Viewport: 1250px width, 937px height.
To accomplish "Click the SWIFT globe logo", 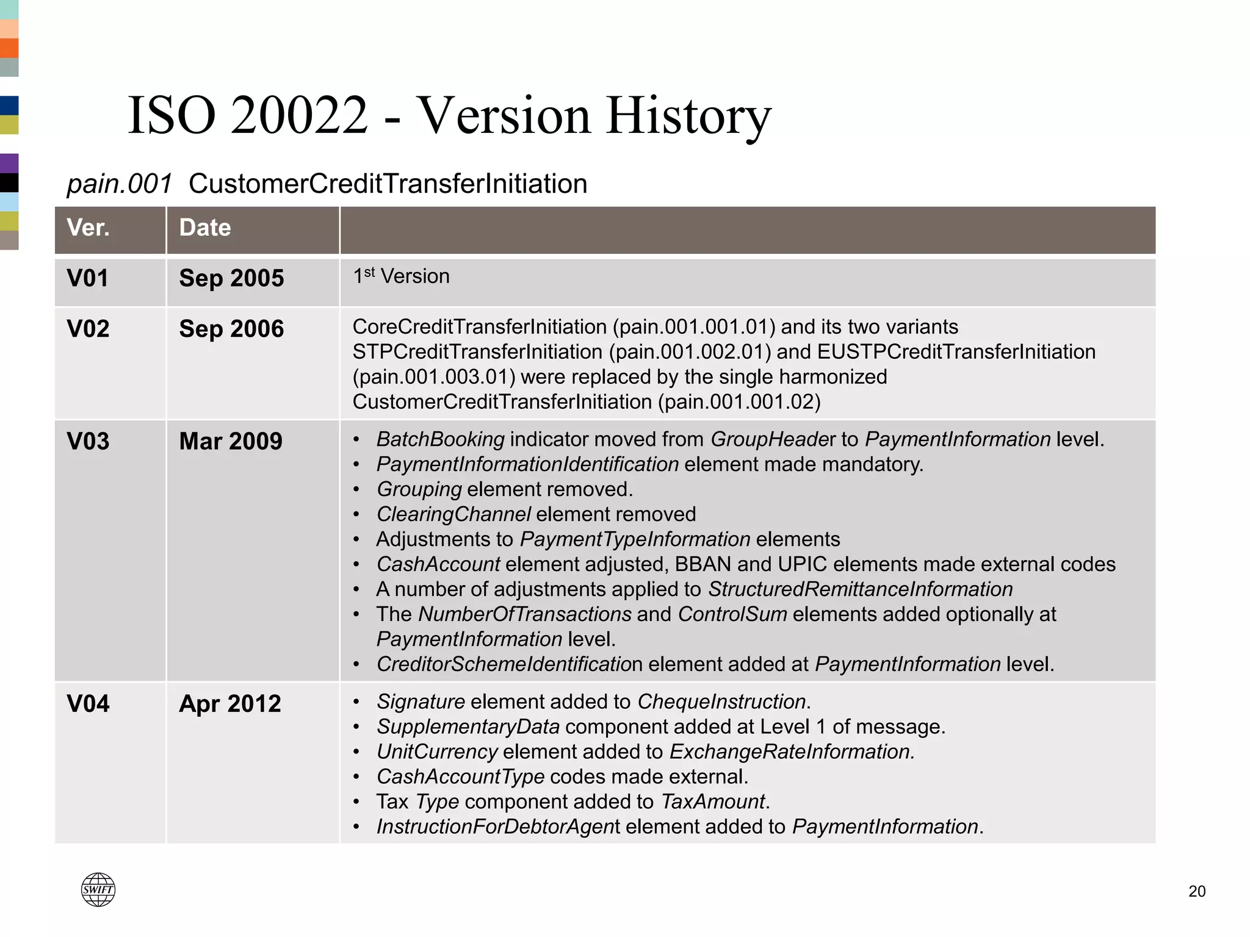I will click(x=98, y=889).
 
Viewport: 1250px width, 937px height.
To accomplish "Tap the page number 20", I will click(x=1196, y=891).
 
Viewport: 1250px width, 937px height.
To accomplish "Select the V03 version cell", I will click(x=89, y=441).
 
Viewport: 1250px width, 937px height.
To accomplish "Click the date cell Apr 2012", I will click(x=230, y=703).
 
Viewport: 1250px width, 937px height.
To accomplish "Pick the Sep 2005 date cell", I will click(x=231, y=278).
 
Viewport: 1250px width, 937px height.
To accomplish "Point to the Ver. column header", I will click(x=89, y=228).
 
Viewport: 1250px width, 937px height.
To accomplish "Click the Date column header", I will click(x=205, y=228).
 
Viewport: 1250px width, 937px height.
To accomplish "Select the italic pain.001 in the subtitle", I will click(x=119, y=184).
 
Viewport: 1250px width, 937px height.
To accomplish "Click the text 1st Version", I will click(x=401, y=276).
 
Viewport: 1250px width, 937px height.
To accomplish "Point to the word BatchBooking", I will click(x=440, y=439).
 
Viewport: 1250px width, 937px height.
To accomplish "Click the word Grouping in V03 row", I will click(x=419, y=489).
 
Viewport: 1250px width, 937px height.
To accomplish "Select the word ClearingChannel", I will click(x=453, y=514).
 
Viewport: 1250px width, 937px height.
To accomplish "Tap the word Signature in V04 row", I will click(x=421, y=702).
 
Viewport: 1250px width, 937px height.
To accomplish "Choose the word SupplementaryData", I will click(x=468, y=727).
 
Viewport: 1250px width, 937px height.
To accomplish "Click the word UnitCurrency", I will click(x=437, y=752).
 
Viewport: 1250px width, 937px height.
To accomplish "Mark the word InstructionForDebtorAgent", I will click(x=498, y=827).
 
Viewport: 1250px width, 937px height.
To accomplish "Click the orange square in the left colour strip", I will click(x=9, y=48).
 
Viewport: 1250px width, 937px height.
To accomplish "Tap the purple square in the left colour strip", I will click(x=9, y=163).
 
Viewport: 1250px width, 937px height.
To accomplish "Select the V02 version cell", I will click(x=89, y=329).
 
